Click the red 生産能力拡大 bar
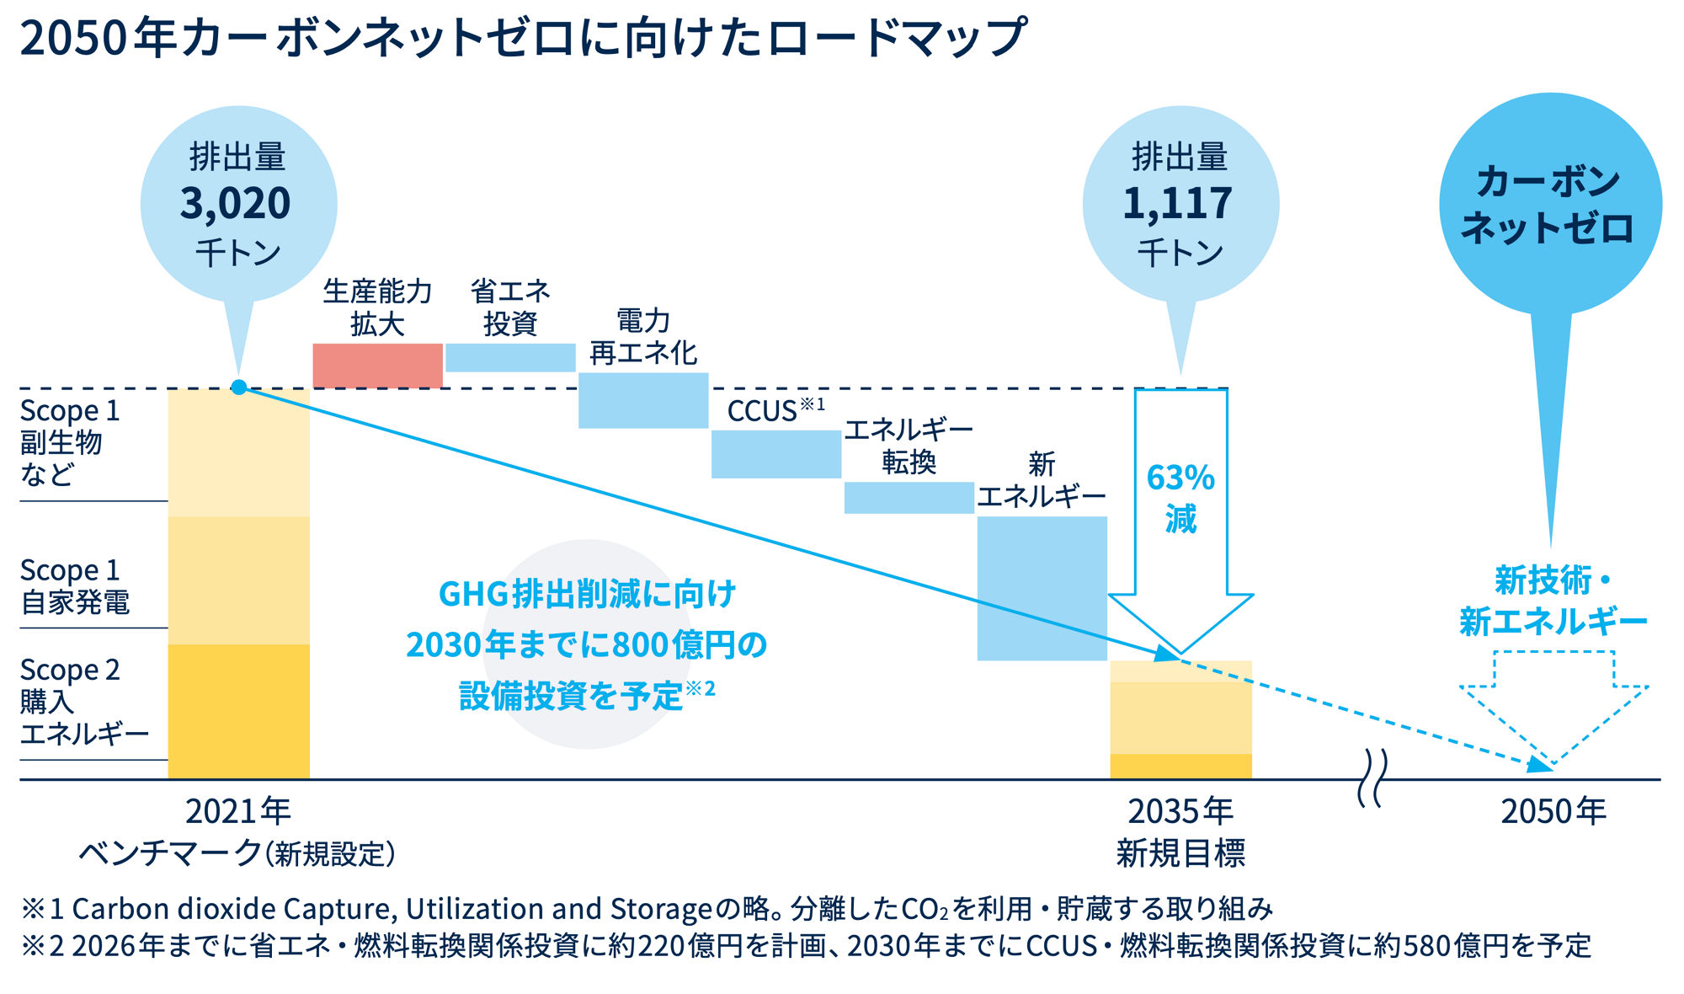click(377, 366)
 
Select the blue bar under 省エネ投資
click(510, 358)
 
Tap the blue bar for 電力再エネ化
click(643, 401)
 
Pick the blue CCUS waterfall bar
click(776, 455)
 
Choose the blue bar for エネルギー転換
click(909, 498)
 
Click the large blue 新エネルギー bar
click(1042, 588)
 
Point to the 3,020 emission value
click(236, 204)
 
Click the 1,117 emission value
click(1178, 204)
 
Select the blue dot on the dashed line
click(239, 387)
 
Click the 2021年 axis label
click(238, 811)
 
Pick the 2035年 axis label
click(1180, 811)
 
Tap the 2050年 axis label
click(1553, 811)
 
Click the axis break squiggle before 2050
click(1372, 779)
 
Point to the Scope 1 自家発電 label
click(75, 586)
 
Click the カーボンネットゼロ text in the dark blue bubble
click(1549, 205)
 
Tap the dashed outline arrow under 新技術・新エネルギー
click(1553, 703)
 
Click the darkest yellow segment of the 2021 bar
click(239, 712)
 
